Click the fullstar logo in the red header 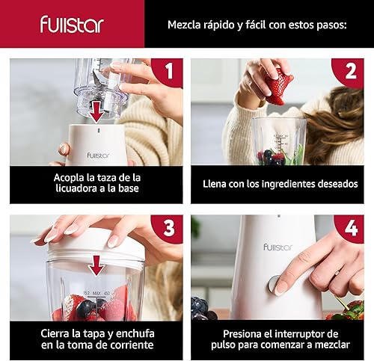coord(72,24)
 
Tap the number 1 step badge coord(168,72)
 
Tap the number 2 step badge coord(350,72)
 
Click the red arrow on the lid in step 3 coord(96,265)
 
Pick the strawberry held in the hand coord(278,87)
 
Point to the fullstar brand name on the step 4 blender coord(278,246)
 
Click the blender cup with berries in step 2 coord(278,142)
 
